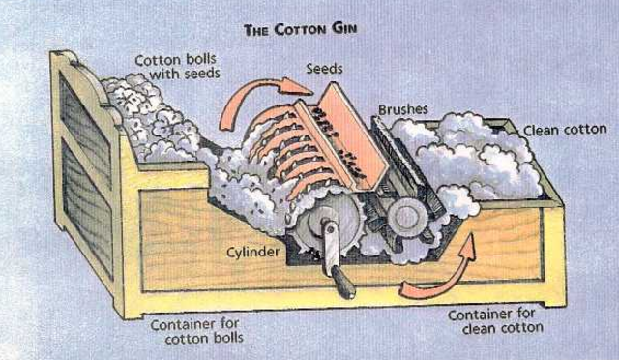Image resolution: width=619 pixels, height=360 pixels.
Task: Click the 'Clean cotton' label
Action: coord(562,130)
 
